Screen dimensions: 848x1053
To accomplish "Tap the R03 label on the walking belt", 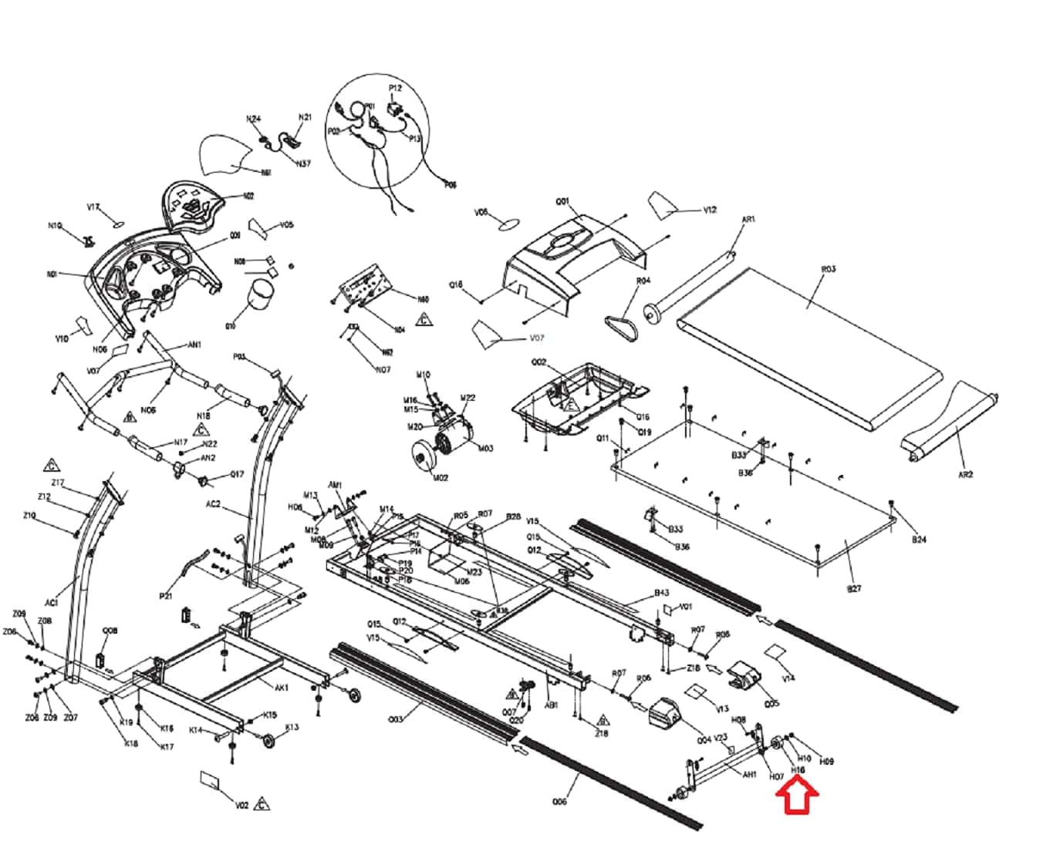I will [828, 269].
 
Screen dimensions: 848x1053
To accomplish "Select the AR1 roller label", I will [748, 220].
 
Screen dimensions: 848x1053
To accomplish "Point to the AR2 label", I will [965, 475].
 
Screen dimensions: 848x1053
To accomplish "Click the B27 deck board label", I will [854, 589].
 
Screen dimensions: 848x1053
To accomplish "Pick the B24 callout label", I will [918, 540].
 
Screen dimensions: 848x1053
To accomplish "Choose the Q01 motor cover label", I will [562, 202].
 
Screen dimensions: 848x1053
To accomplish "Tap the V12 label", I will [710, 210].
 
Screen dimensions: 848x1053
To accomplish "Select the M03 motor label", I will [485, 448].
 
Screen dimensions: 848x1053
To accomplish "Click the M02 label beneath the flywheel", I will [440, 478].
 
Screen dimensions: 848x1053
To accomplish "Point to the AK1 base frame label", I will [282, 687].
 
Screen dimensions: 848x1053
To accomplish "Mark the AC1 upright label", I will [52, 602].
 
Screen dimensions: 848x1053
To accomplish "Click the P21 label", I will [166, 596].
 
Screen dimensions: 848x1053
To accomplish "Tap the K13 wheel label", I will [292, 727].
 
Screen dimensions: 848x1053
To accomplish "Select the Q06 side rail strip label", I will [560, 802].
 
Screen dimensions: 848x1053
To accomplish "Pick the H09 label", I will [826, 762].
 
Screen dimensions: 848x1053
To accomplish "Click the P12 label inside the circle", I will [395, 89].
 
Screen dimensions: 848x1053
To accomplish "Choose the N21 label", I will [305, 117].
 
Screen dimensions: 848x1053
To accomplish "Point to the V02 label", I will [241, 806].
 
